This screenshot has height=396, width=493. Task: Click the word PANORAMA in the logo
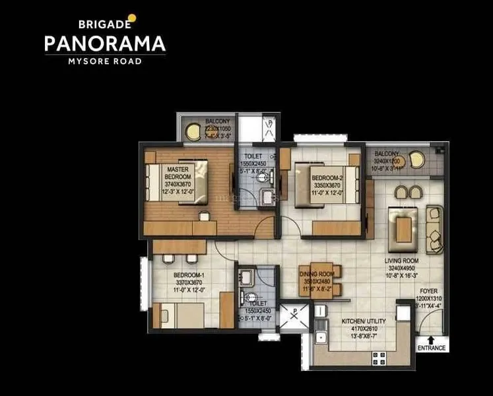[x=105, y=44]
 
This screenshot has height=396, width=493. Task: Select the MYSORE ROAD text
[x=105, y=61]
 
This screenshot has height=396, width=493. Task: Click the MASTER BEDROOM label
[x=178, y=173]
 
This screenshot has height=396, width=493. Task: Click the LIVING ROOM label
[x=403, y=261]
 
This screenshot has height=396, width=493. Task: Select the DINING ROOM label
[x=318, y=274]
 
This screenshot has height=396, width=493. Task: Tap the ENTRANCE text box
[x=431, y=348]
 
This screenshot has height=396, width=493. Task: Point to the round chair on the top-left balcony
[x=193, y=131]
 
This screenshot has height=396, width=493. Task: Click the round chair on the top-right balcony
[x=416, y=159]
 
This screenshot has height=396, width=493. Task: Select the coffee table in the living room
[x=403, y=228]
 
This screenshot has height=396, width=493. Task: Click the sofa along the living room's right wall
[x=434, y=229]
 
